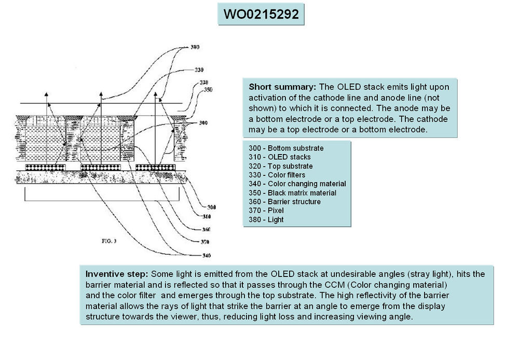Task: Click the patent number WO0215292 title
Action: click(x=261, y=15)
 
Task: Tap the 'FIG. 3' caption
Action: click(x=109, y=241)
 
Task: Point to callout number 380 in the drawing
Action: click(x=195, y=47)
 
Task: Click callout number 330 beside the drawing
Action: click(x=199, y=70)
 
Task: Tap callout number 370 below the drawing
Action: click(x=204, y=242)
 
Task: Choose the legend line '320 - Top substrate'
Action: click(x=281, y=166)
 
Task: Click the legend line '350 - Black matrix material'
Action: click(x=293, y=193)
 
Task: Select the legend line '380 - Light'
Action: click(x=266, y=219)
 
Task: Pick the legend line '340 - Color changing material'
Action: click(x=297, y=184)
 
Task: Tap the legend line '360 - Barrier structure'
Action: click(x=285, y=202)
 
